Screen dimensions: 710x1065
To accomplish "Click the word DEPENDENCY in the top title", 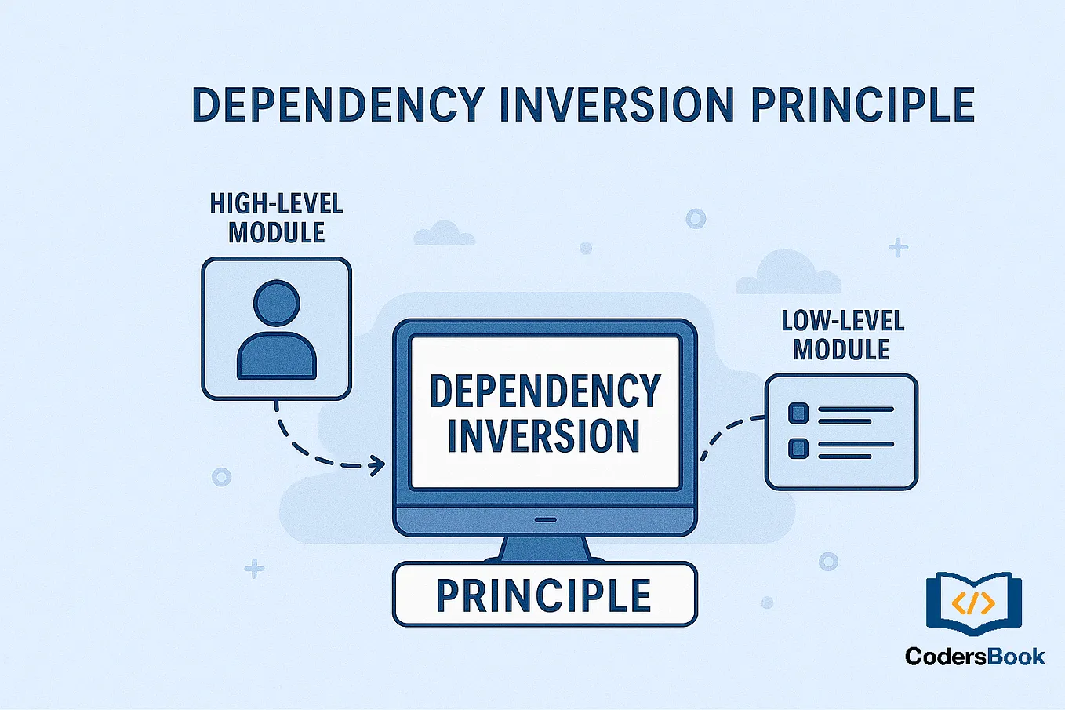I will (338, 105).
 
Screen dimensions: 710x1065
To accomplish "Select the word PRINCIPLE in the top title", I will (862, 105).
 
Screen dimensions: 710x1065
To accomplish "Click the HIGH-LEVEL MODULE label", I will (276, 218).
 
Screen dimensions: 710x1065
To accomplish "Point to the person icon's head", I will (277, 304).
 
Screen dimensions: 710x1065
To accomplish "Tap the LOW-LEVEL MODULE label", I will (842, 335).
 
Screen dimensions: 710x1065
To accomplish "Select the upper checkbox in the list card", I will (798, 413).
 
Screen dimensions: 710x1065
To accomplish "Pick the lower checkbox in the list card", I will (798, 449).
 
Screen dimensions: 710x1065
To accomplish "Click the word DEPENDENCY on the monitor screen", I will (545, 391).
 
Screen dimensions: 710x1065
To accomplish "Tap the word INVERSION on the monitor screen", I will (543, 436).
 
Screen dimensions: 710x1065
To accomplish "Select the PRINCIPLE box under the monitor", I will (544, 595).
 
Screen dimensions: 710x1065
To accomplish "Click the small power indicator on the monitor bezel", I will (545, 519).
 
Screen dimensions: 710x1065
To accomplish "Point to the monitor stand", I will (544, 548).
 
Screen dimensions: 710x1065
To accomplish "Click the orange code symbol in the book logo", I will (973, 603).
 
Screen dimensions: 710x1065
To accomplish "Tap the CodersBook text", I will (974, 657).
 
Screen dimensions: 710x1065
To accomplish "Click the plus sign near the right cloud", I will (898, 248).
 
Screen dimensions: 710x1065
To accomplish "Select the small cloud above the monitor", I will (445, 234).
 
